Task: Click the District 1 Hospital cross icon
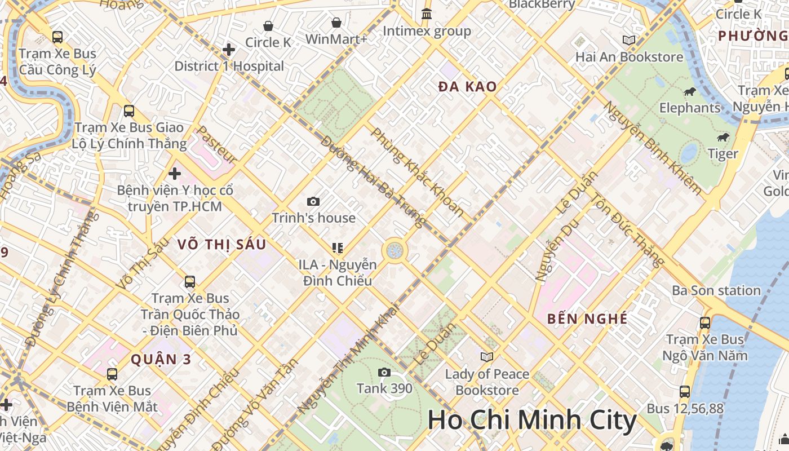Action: click(228, 50)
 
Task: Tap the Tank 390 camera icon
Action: click(384, 372)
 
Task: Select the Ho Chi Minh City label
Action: click(531, 421)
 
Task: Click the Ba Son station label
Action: click(716, 291)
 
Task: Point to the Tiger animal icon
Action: click(723, 138)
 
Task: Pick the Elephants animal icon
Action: click(689, 92)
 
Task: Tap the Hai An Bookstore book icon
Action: click(628, 41)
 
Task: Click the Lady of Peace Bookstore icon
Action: click(487, 357)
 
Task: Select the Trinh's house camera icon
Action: click(313, 201)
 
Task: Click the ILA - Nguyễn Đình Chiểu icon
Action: click(338, 247)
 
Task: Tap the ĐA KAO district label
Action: click(467, 87)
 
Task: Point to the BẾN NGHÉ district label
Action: click(587, 319)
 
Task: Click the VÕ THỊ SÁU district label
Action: click(221, 245)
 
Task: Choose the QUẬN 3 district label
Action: click(161, 359)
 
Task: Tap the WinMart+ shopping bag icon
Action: click(336, 23)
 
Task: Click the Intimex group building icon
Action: click(427, 14)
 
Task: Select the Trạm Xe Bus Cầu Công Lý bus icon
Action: click(57, 37)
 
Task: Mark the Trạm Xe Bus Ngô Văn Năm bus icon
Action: click(704, 323)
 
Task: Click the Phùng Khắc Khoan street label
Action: click(418, 173)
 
